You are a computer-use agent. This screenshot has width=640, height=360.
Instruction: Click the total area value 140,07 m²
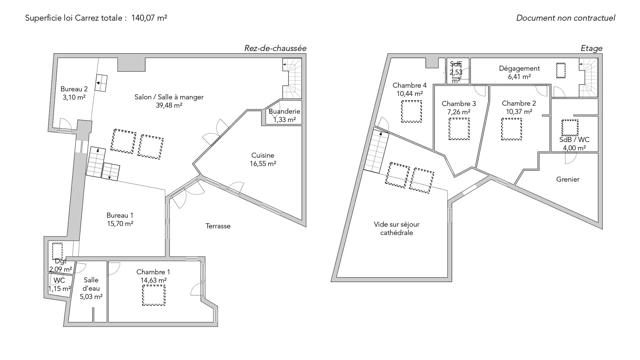pos(149,18)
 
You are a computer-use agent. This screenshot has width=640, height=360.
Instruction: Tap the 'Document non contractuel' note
pos(566,18)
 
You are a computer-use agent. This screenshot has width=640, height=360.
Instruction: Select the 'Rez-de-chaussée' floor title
pos(275,48)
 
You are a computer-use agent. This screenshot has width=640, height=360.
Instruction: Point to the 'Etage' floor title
pos(591,49)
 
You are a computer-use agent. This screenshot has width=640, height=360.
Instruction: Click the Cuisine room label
pos(263,155)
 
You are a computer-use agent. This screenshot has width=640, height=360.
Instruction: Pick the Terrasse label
pos(218,226)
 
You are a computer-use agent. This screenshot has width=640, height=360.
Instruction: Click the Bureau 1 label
pos(120,215)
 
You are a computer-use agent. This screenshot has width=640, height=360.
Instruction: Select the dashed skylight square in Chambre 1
pos(154,295)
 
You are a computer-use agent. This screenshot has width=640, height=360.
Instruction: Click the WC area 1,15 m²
pos(60,289)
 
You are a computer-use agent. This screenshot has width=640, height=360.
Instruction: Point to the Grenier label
pos(568,179)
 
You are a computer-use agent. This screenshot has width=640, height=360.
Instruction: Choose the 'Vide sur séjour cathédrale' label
pos(397,229)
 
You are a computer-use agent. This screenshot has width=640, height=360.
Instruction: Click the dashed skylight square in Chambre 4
pos(411,111)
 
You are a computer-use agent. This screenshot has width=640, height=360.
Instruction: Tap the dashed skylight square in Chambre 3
pos(459,129)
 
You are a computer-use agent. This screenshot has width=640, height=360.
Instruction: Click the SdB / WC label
pos(574,140)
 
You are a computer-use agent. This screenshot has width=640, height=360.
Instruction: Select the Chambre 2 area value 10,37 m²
pos(519,112)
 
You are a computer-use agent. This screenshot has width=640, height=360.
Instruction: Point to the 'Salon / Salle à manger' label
pos(169,97)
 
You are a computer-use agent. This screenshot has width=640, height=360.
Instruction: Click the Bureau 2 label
pos(74,89)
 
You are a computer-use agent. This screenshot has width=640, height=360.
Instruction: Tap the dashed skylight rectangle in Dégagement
pos(561,71)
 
